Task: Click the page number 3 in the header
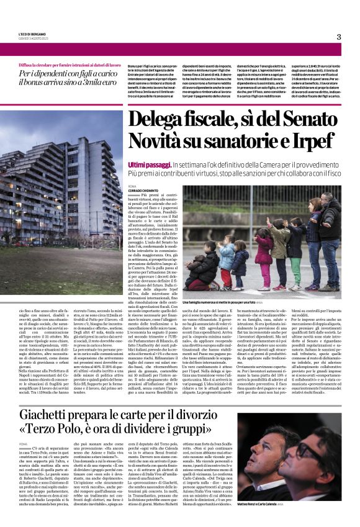(x=339, y=37)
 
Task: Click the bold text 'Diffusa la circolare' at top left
(x=37, y=64)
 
